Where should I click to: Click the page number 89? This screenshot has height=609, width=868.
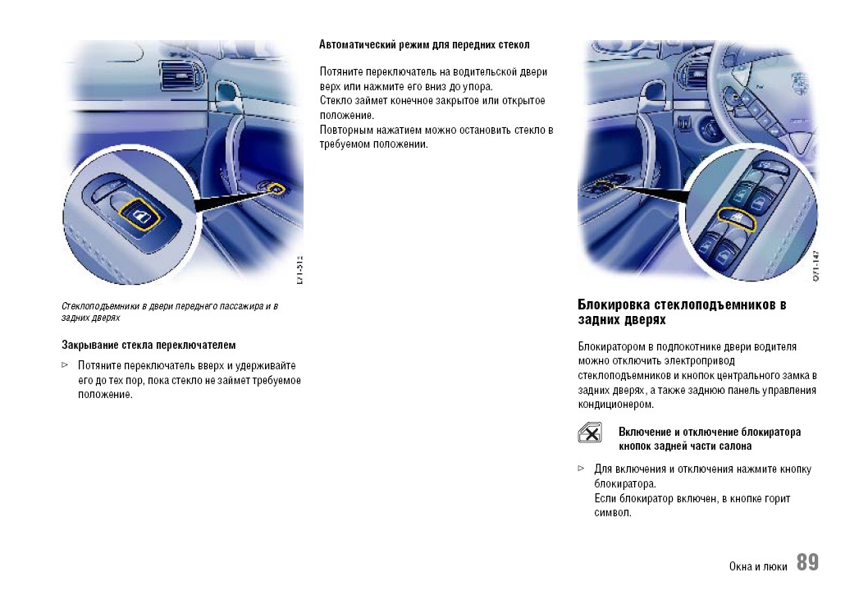pyautogui.click(x=806, y=563)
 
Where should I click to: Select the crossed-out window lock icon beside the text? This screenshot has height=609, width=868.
pyautogui.click(x=589, y=433)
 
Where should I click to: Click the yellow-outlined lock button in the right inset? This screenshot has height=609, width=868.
pyautogui.click(x=735, y=217)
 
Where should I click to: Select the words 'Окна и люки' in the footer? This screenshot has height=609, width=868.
pyautogui.click(x=758, y=566)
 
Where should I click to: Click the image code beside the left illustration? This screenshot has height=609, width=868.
pyautogui.click(x=299, y=270)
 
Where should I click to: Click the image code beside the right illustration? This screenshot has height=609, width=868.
pyautogui.click(x=816, y=268)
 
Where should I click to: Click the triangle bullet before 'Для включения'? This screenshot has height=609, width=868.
pyautogui.click(x=582, y=469)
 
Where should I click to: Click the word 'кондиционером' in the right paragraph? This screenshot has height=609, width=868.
pyautogui.click(x=615, y=405)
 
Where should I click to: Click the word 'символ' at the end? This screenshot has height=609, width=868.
pyautogui.click(x=612, y=513)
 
